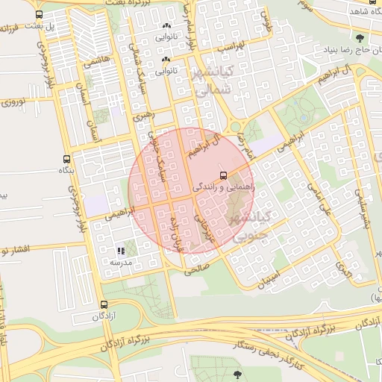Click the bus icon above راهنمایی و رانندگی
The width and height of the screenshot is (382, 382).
(x=224, y=175)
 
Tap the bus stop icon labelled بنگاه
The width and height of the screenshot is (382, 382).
(x=68, y=160)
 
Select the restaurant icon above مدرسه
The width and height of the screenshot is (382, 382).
(x=121, y=251)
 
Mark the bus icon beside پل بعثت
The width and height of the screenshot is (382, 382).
(x=39, y=14)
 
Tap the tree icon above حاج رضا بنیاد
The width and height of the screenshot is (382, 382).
(x=361, y=38)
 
